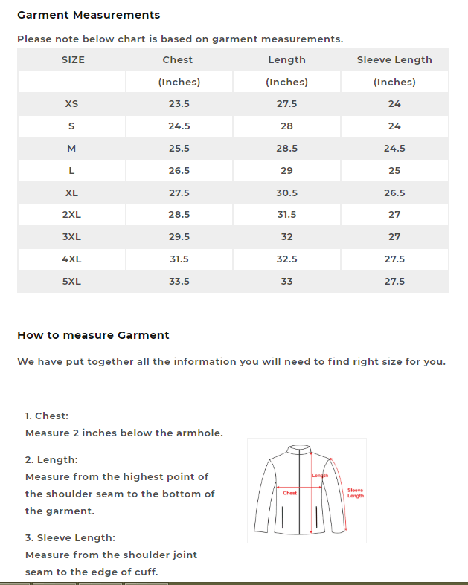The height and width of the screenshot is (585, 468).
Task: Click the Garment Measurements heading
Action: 89,15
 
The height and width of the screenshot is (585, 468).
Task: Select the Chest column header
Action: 178,60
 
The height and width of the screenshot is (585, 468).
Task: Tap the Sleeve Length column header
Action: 394,60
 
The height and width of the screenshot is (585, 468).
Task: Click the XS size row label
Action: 72,104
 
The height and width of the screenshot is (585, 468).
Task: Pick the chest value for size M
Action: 179,149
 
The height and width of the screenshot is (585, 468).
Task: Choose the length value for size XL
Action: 286,193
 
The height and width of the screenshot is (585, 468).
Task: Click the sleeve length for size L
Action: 394,171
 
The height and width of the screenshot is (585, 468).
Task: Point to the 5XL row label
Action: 72,282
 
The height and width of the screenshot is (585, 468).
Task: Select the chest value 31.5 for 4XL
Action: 179,259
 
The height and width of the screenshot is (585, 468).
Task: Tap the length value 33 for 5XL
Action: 286,282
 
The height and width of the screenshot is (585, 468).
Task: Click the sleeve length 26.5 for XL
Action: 394,193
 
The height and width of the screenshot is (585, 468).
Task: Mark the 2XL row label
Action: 72,215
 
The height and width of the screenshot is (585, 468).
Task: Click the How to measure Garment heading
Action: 93,335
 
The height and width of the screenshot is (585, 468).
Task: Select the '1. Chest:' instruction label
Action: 47,416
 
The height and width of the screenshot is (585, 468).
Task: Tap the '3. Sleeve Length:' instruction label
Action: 70,537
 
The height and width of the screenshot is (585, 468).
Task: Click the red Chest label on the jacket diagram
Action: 290,493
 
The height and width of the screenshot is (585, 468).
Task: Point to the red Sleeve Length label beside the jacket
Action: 356,493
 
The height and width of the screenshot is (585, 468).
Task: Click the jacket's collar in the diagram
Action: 301,449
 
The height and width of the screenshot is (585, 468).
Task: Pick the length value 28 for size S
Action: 286,126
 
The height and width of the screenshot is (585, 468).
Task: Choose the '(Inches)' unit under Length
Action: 286,83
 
